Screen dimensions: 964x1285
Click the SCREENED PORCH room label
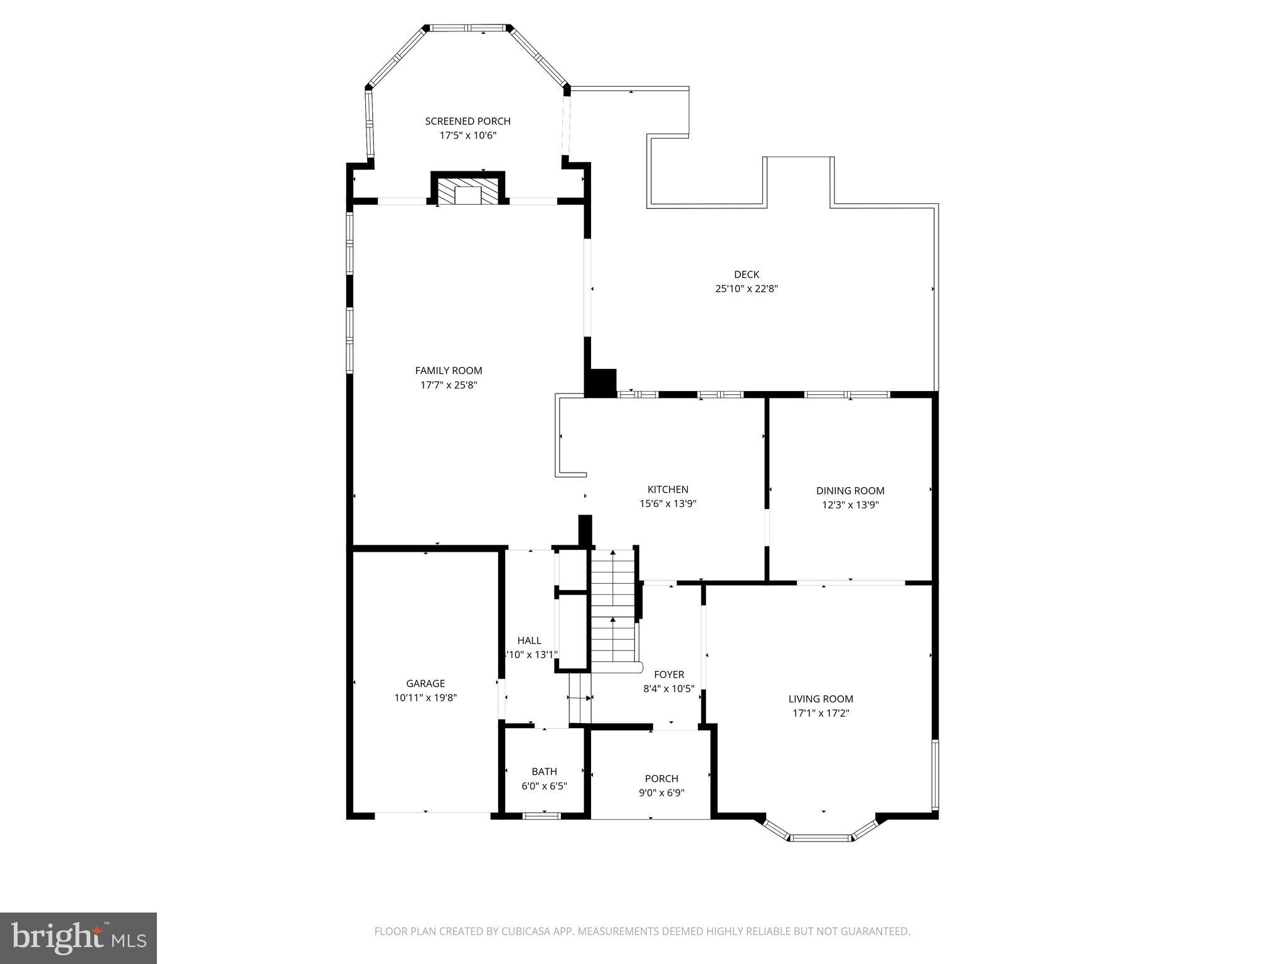coord(467,121)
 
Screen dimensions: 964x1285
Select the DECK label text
coord(746,274)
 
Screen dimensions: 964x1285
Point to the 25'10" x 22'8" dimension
coord(746,289)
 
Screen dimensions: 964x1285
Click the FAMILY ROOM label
coord(449,370)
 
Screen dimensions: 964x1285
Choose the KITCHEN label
coord(668,490)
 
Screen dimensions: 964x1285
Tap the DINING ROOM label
coord(850,491)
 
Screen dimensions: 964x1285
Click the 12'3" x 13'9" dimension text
coord(850,505)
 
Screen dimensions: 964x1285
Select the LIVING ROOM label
coord(821,699)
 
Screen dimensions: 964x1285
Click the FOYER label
coord(669,674)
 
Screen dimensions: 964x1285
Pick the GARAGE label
coord(425,683)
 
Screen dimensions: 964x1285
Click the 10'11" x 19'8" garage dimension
coord(425,697)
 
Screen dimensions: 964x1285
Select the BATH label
coord(544,771)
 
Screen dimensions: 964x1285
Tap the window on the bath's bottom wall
coord(542,816)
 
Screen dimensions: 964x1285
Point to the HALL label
coord(529,640)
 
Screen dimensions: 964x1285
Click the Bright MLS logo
coord(78,938)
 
